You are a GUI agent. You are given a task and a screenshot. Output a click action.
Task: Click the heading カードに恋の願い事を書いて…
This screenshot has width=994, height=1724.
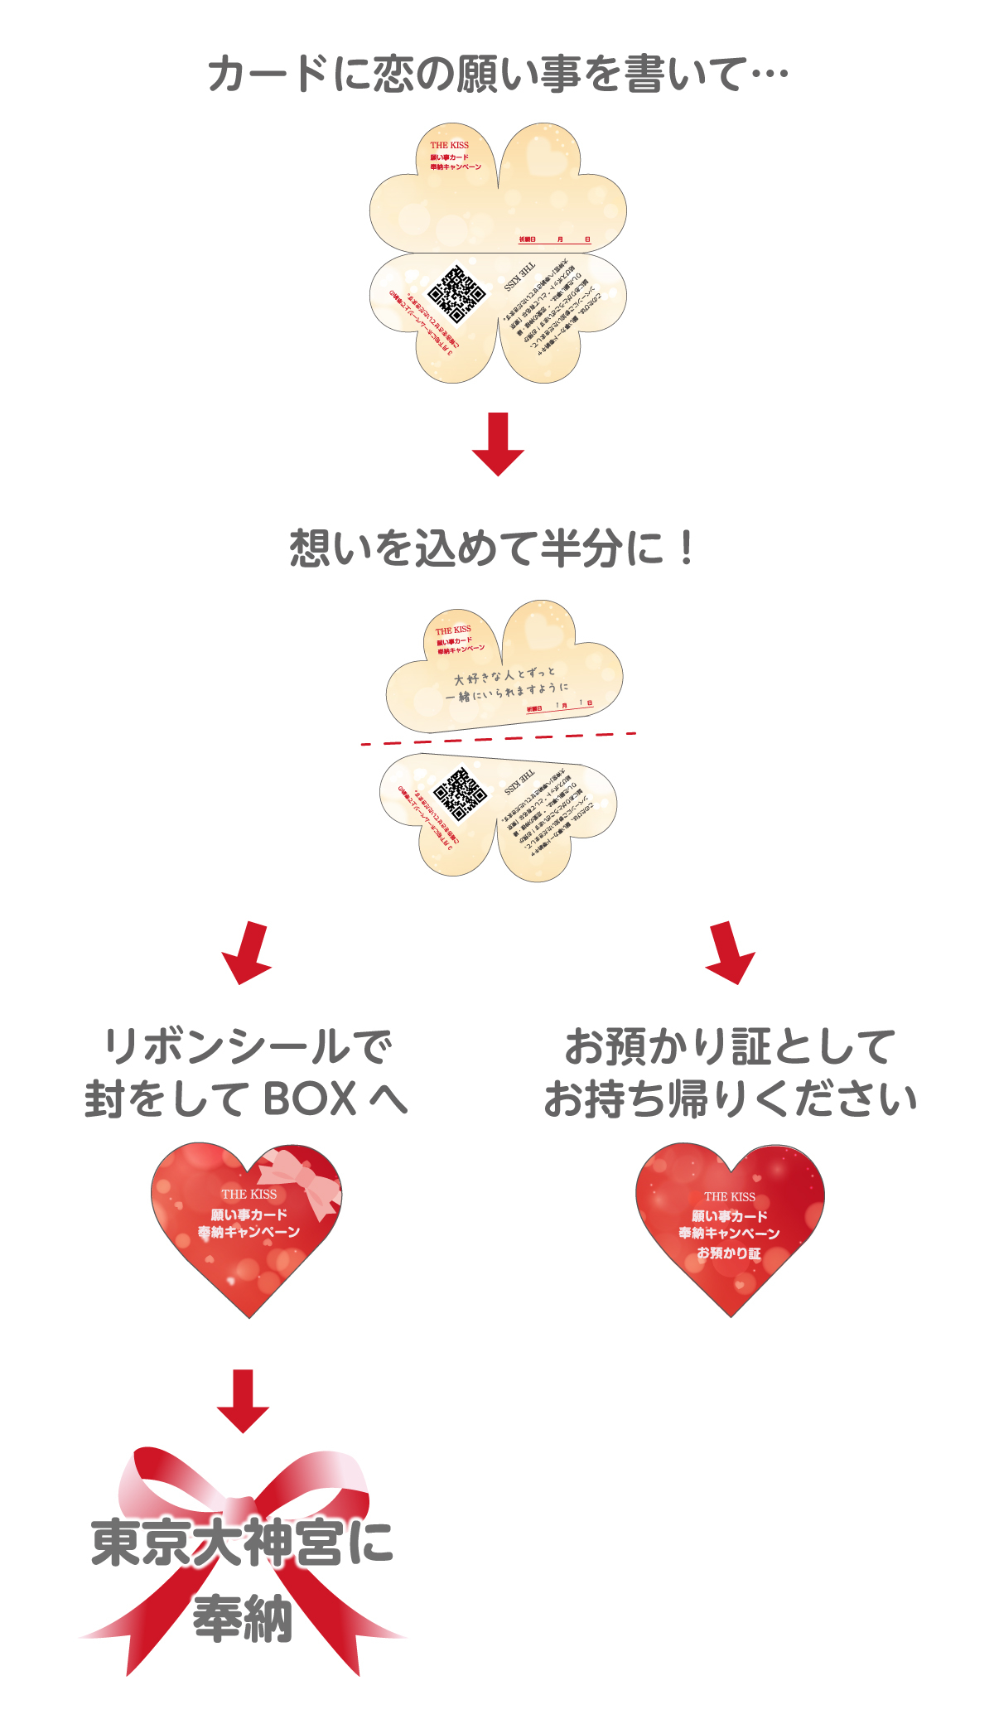tap(497, 75)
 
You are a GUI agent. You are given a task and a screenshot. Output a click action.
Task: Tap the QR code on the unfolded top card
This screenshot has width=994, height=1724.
tap(456, 295)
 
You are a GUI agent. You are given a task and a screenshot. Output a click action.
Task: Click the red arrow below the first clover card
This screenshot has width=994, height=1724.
tap(498, 444)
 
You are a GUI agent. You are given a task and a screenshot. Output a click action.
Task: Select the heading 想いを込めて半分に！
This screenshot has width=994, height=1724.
tap(493, 548)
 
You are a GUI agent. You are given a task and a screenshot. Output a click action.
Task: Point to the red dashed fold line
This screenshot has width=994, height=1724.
tap(498, 738)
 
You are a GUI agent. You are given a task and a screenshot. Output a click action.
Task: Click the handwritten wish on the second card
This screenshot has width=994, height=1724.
tap(505, 684)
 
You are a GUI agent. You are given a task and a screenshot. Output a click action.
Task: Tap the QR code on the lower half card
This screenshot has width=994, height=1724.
tap(460, 794)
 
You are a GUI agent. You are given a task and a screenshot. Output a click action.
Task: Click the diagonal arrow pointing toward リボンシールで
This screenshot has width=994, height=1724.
tap(248, 953)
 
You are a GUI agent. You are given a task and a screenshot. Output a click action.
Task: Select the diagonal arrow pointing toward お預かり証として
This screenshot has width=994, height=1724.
tap(729, 953)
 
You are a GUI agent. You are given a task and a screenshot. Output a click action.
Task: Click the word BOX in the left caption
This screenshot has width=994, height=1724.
tap(310, 1099)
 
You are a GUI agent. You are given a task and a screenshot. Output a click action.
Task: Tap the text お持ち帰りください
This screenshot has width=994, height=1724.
tap(730, 1099)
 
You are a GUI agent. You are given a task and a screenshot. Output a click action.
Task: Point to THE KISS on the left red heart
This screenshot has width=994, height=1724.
tap(249, 1194)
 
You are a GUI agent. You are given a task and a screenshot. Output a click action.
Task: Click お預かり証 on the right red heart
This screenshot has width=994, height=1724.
tap(729, 1253)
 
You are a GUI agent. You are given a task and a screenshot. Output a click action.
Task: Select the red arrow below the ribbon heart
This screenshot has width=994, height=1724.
tap(243, 1401)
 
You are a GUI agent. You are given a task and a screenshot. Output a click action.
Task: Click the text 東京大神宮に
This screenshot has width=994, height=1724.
tap(242, 1543)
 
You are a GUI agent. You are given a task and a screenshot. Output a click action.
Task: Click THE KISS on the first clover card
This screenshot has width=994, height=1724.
tap(450, 145)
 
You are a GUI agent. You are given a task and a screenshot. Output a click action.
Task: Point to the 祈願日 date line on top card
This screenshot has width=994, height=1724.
tap(554, 240)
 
